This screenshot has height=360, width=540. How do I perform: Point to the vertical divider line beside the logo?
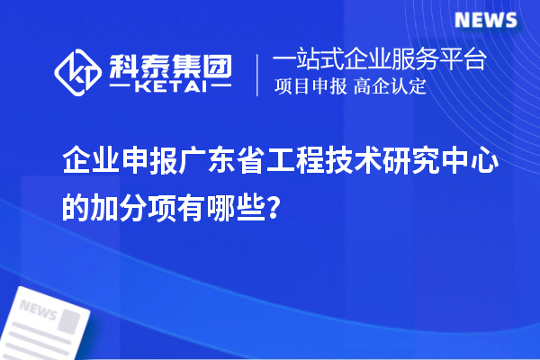pos(257,74)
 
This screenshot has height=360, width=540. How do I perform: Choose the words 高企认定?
pos(391,87)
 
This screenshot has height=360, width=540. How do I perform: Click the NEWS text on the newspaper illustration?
pos(38,310)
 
